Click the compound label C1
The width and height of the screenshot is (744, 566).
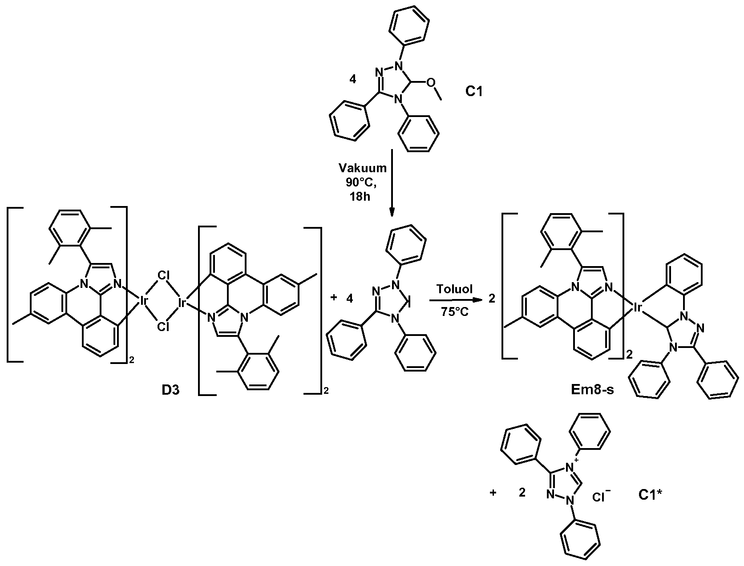pyautogui.click(x=474, y=91)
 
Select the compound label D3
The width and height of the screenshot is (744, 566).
pyautogui.click(x=170, y=390)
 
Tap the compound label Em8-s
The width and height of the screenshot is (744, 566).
pyautogui.click(x=593, y=390)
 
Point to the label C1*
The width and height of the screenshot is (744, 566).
pyautogui.click(x=650, y=495)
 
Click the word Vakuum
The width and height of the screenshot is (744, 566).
pyautogui.click(x=363, y=168)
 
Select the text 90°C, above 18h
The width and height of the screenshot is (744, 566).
pyautogui.click(x=361, y=182)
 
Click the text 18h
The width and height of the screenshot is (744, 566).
pyautogui.click(x=360, y=197)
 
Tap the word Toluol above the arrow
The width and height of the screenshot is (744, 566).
pyautogui.click(x=454, y=289)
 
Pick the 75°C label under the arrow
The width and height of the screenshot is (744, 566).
pyautogui.click(x=454, y=311)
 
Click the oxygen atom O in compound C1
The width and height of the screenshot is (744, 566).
pyautogui.click(x=431, y=83)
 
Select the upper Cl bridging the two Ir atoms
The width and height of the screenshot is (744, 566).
pyautogui.click(x=163, y=275)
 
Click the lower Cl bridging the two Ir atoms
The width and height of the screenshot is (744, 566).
pyautogui.click(x=163, y=327)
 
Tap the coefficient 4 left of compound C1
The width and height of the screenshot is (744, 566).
pyautogui.click(x=353, y=80)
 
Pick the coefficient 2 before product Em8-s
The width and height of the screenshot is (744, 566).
pyautogui.click(x=492, y=299)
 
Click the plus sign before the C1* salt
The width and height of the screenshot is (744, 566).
pyautogui.click(x=493, y=493)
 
